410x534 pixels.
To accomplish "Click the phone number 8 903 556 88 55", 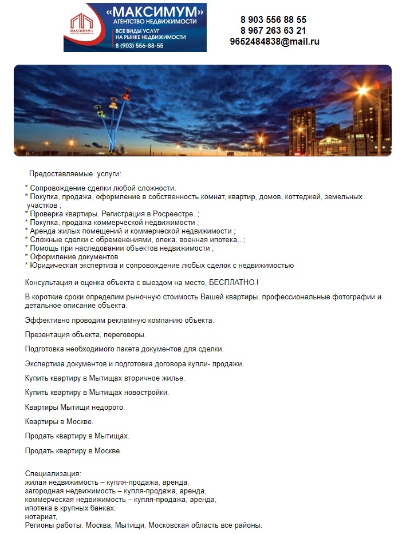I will click(x=273, y=19).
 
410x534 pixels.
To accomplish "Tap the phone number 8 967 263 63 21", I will click(x=273, y=30).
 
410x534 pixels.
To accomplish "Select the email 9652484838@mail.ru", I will click(x=274, y=41).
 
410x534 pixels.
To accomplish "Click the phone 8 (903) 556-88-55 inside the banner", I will click(x=139, y=46).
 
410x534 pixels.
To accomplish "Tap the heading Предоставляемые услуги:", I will click(x=75, y=174).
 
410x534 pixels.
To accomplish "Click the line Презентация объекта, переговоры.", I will click(x=85, y=334).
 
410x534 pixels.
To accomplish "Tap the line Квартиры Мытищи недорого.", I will click(x=74, y=408).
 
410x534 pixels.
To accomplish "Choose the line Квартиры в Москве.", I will click(x=59, y=422).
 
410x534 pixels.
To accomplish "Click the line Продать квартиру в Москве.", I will click(x=73, y=451).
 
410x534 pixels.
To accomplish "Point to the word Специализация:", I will click(x=53, y=474).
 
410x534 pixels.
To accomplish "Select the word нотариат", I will click(x=40, y=517).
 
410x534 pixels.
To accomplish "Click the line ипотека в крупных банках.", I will click(x=70, y=508).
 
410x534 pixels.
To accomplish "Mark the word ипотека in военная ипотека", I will click(x=224, y=240).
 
